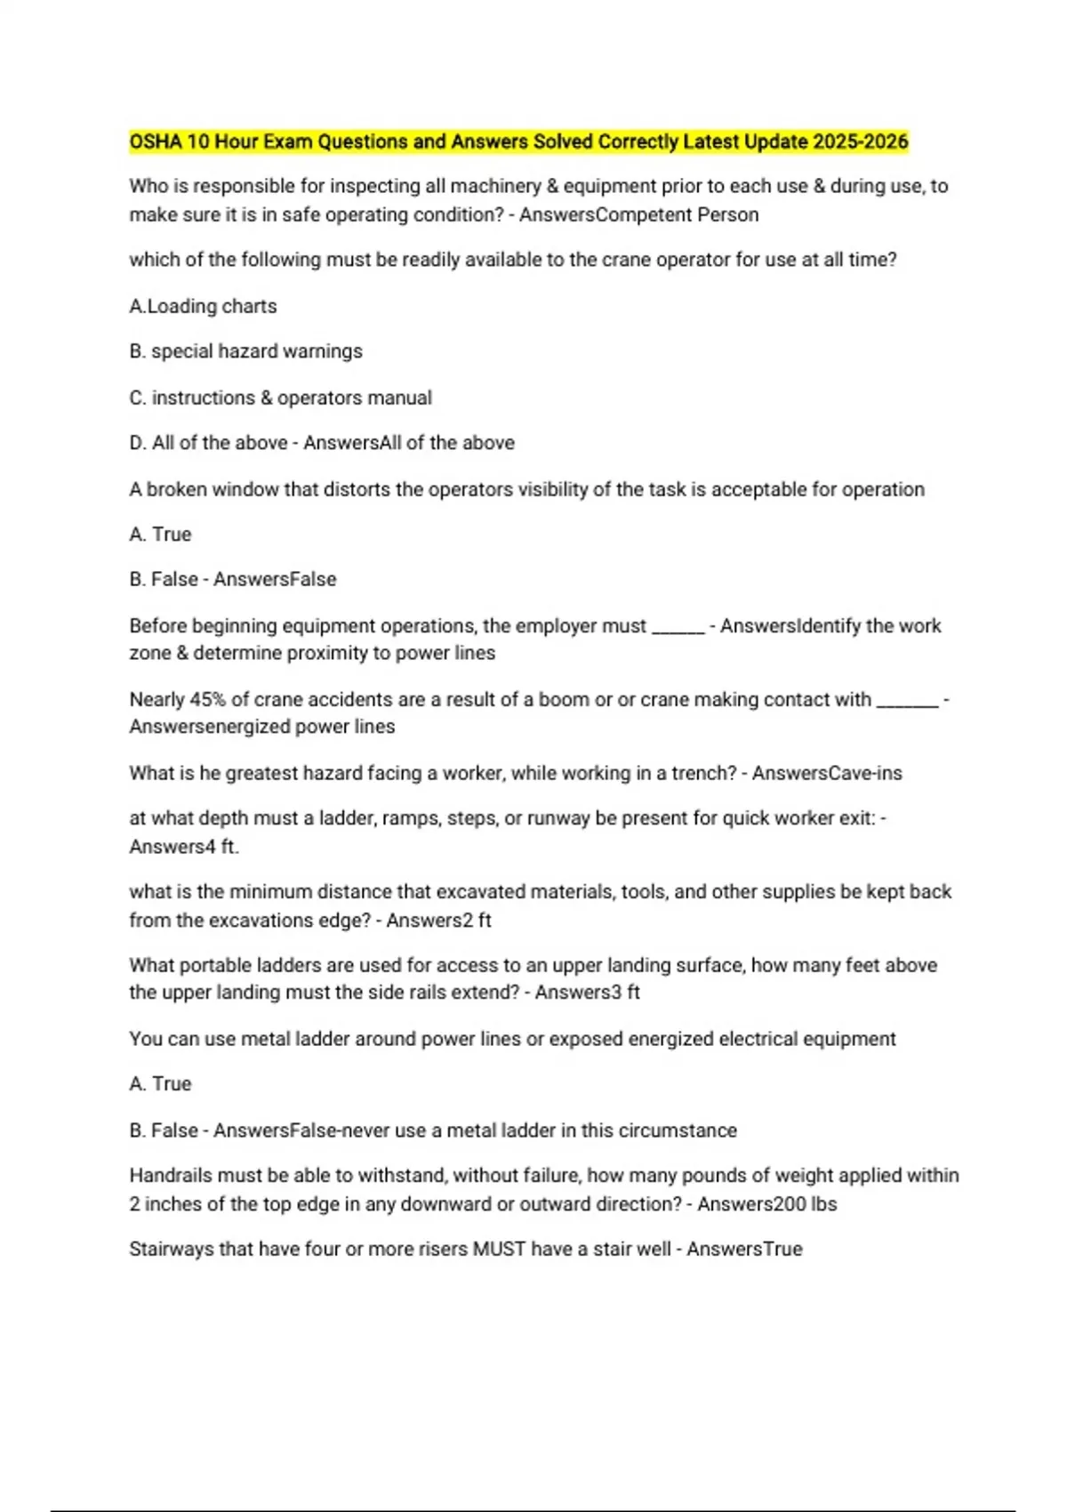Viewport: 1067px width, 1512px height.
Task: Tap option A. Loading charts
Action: [203, 306]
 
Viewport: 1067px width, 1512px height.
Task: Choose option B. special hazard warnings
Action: [245, 351]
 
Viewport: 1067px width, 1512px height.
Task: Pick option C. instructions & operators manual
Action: [280, 398]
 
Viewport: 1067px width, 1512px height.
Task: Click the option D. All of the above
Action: [208, 443]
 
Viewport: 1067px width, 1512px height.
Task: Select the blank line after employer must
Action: [678, 627]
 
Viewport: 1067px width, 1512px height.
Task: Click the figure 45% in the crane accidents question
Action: [208, 699]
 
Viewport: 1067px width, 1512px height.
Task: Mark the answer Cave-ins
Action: [864, 773]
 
